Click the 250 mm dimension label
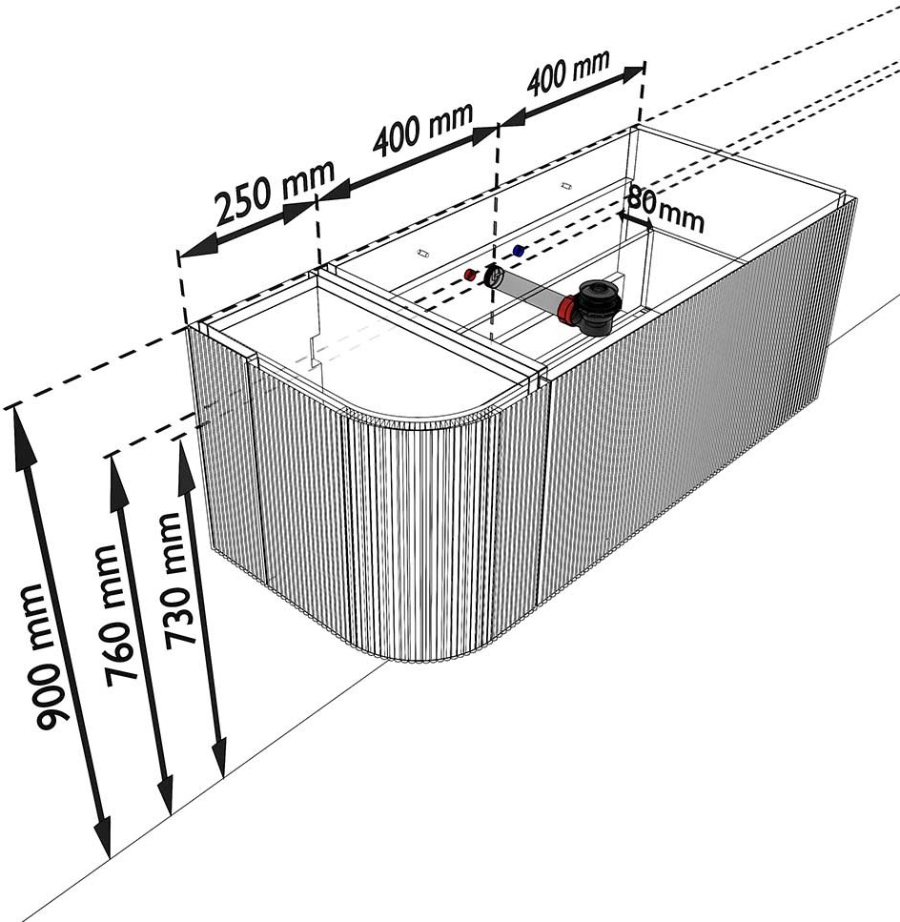(x=274, y=193)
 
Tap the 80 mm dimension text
(x=665, y=211)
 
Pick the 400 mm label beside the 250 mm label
(x=422, y=130)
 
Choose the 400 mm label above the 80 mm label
(x=568, y=76)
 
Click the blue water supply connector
(x=519, y=251)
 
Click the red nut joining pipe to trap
(x=568, y=310)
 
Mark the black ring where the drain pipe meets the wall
(x=494, y=277)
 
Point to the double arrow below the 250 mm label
(x=248, y=229)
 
